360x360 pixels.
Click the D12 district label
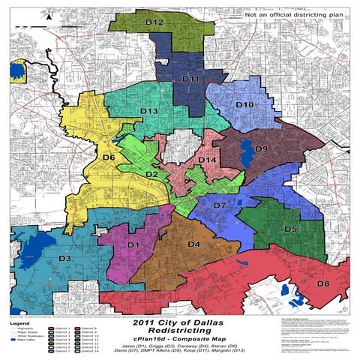[x=154, y=23]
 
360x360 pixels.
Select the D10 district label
[x=244, y=105]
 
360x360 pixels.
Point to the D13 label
[x=148, y=112]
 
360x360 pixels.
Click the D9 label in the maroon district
[x=262, y=149]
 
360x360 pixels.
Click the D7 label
[x=220, y=205]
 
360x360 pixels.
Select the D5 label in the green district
[x=291, y=228]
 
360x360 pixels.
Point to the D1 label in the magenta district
[x=133, y=244]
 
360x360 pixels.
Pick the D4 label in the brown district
[x=193, y=244]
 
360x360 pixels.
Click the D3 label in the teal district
[x=64, y=259]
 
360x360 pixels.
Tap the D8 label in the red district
[x=323, y=283]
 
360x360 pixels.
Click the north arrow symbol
[x=49, y=14]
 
